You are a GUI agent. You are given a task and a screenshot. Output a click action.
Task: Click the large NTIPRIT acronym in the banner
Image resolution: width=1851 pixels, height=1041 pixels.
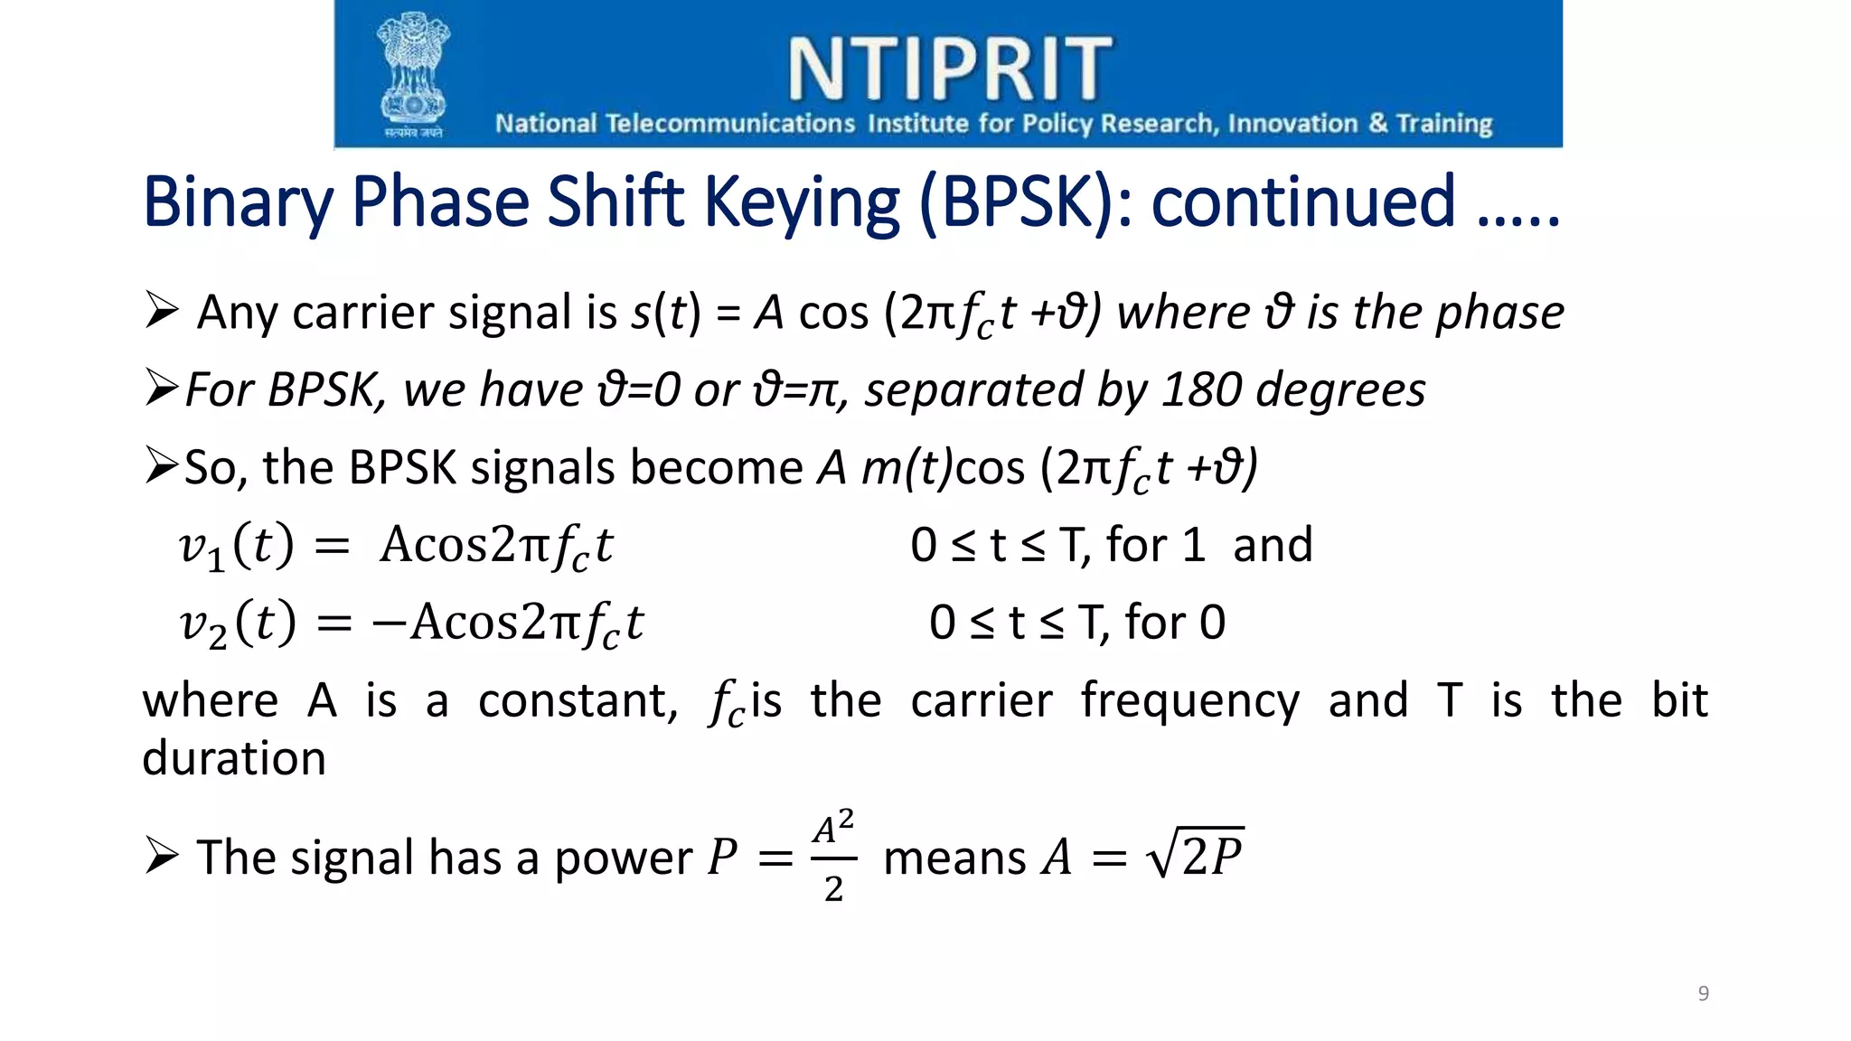950,69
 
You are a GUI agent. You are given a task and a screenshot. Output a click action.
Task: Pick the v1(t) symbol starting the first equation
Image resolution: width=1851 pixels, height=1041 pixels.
237,547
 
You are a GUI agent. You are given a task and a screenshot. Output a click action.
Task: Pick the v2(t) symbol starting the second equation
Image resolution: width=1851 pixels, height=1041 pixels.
238,624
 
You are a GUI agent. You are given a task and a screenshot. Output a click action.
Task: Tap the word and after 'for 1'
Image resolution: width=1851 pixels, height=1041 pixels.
1273,546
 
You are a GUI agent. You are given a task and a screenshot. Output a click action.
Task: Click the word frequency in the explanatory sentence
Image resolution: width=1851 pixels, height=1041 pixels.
1189,702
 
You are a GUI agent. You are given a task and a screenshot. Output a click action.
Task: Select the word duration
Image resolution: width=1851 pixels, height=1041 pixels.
234,758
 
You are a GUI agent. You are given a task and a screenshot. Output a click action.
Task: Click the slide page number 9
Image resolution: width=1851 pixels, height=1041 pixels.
1703,994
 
